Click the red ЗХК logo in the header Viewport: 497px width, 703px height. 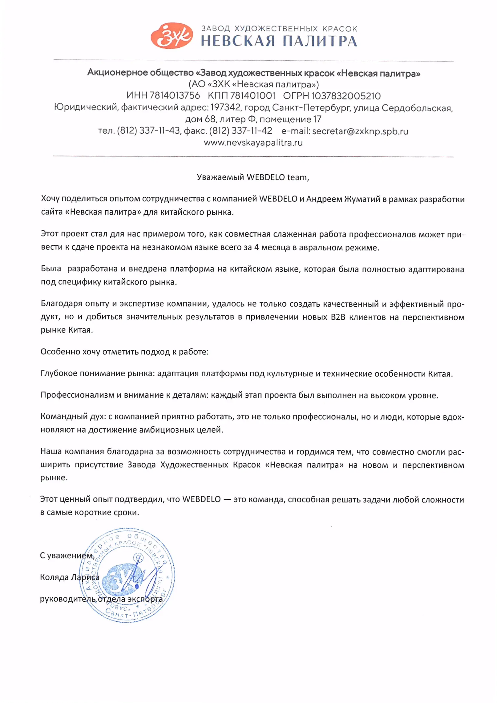pyautogui.click(x=172, y=36)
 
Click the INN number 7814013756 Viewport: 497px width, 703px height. pyautogui.click(x=175, y=95)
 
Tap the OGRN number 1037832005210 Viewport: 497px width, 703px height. pyautogui.click(x=346, y=96)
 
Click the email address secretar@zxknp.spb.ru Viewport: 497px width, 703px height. pyautogui.click(x=360, y=131)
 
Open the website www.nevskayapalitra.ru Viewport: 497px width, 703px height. pyautogui.click(x=253, y=143)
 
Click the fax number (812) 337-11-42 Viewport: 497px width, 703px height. pyautogui.click(x=240, y=131)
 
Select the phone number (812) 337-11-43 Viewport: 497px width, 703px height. pyautogui.click(x=148, y=131)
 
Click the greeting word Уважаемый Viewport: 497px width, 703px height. pyautogui.click(x=220, y=177)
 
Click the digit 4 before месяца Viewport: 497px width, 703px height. pyautogui.click(x=257, y=247)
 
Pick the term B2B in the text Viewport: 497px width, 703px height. pyautogui.click(x=338, y=317)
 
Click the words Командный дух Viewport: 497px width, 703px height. pyautogui.click(x=73, y=417)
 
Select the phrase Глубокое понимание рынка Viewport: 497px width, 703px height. pyautogui.click(x=97, y=374)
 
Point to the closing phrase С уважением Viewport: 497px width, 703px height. pyautogui.click(x=67, y=556)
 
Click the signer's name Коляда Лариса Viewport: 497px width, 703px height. pyautogui.click(x=70, y=577)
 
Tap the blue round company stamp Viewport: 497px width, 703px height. pyautogui.click(x=127, y=575)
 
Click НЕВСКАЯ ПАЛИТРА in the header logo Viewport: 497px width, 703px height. pyautogui.click(x=279, y=41)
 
